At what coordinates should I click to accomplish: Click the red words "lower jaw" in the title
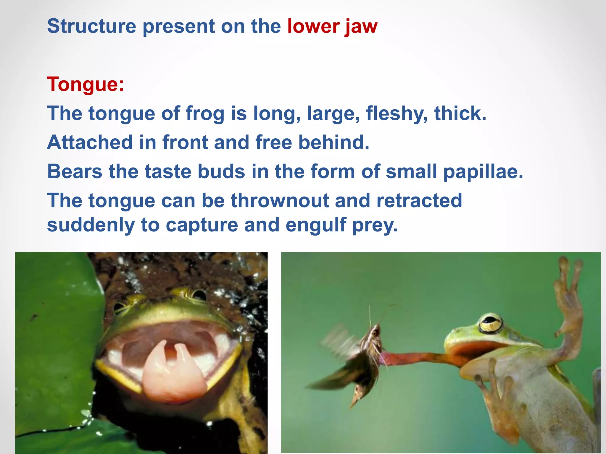(x=332, y=27)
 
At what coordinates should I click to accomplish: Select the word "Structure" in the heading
(x=91, y=26)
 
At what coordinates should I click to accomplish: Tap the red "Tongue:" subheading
(x=86, y=84)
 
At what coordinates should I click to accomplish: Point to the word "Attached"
(x=90, y=142)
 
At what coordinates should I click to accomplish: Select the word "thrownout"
(x=280, y=200)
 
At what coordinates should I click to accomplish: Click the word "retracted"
(x=419, y=200)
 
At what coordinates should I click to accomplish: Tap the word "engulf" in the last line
(x=316, y=225)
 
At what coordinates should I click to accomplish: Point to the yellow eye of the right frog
(x=491, y=324)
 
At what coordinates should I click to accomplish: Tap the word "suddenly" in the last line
(x=91, y=225)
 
